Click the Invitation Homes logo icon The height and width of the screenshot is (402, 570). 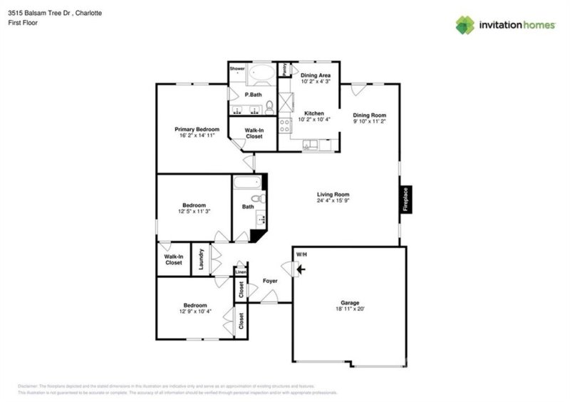(465, 25)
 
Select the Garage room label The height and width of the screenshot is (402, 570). (349, 301)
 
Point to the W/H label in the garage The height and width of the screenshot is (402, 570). (301, 253)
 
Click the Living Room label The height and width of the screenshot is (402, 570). (333, 194)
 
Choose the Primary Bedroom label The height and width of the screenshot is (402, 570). (197, 129)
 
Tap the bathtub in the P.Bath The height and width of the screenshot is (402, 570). (261, 75)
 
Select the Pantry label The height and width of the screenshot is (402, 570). (284, 70)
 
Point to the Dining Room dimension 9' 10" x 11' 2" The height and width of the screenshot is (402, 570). (370, 122)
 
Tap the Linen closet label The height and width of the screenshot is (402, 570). (241, 272)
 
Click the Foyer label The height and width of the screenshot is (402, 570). (270, 281)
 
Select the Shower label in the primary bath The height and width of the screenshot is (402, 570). (237, 68)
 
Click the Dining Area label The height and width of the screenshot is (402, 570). (314, 74)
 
